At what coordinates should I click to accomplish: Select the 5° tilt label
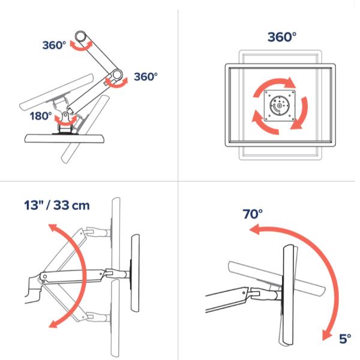345,339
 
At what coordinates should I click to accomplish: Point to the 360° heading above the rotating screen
281,37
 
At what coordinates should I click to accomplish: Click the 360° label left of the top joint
55,46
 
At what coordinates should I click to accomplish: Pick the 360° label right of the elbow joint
145,77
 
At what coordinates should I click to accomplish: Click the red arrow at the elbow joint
116,82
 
